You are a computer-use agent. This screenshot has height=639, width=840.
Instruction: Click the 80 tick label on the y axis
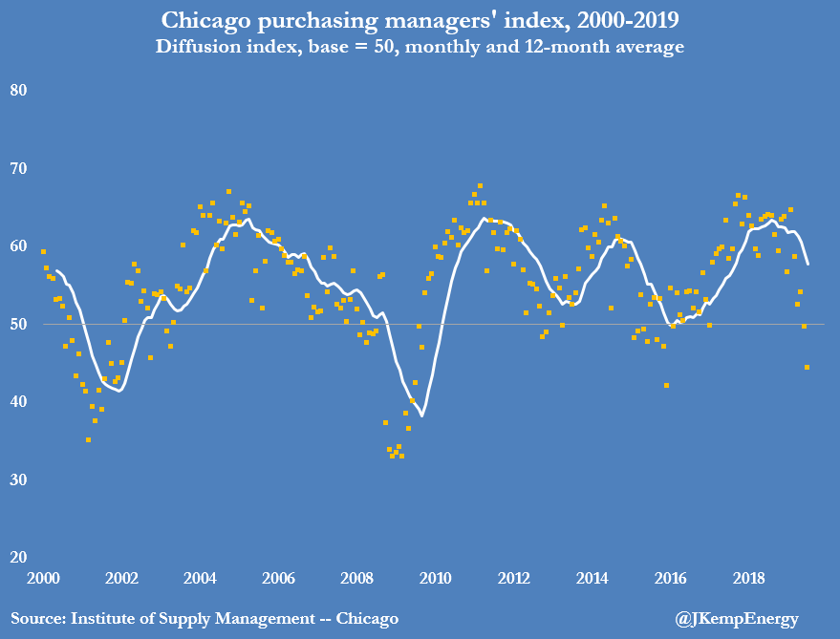(18, 91)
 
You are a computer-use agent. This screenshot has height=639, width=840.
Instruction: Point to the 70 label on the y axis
(18, 169)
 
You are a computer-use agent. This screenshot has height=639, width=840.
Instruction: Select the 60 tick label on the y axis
(18, 246)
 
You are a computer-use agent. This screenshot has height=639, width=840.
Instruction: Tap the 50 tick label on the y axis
(18, 325)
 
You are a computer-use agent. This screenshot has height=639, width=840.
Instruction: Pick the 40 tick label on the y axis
(18, 402)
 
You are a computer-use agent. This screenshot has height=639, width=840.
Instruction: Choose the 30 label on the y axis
(18, 480)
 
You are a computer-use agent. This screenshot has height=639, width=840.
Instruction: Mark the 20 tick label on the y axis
(18, 558)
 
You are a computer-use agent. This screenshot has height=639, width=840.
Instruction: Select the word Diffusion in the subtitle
(203, 46)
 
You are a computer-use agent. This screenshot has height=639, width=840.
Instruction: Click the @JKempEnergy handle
(737, 619)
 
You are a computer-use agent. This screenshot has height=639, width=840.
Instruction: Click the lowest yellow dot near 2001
(88, 440)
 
